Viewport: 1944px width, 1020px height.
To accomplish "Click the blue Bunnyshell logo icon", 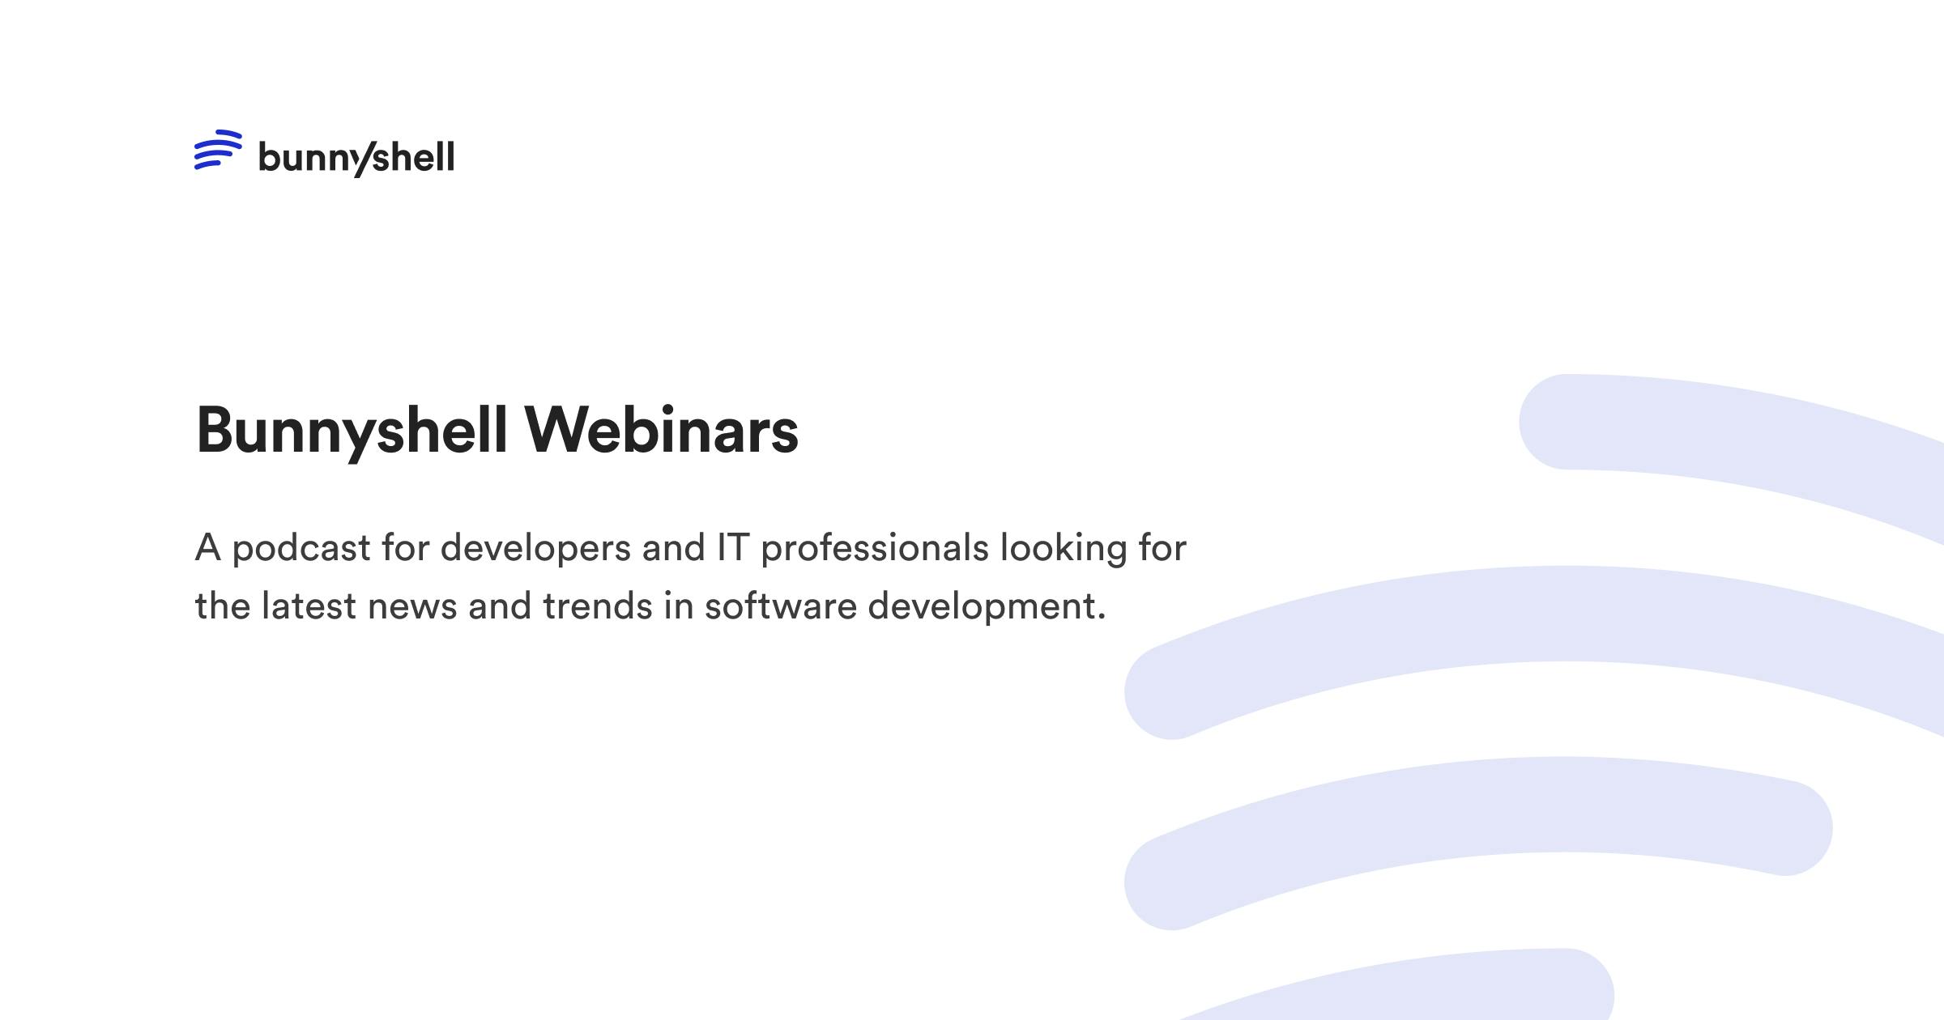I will pyautogui.click(x=218, y=150).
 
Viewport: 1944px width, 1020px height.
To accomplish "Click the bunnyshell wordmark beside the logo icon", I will pyautogui.click(x=356, y=157).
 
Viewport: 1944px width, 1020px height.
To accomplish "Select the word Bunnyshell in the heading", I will pyautogui.click(x=352, y=431).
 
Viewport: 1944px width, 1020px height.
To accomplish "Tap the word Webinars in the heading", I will pyautogui.click(x=661, y=431).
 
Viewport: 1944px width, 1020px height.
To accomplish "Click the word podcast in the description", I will pyautogui.click(x=301, y=549).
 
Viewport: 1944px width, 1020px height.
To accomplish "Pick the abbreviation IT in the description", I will pyautogui.click(x=733, y=547).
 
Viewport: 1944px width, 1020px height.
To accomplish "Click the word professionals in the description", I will pyautogui.click(x=875, y=549).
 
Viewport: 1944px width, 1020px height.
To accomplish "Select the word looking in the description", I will pyautogui.click(x=1064, y=549).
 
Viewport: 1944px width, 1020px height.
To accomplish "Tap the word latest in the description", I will pyautogui.click(x=309, y=606).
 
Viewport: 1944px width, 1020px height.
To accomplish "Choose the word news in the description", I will pyautogui.click(x=412, y=607).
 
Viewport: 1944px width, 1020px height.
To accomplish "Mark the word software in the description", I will pyautogui.click(x=780, y=606).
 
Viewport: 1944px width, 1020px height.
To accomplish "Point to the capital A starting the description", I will pyautogui.click(x=208, y=548).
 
